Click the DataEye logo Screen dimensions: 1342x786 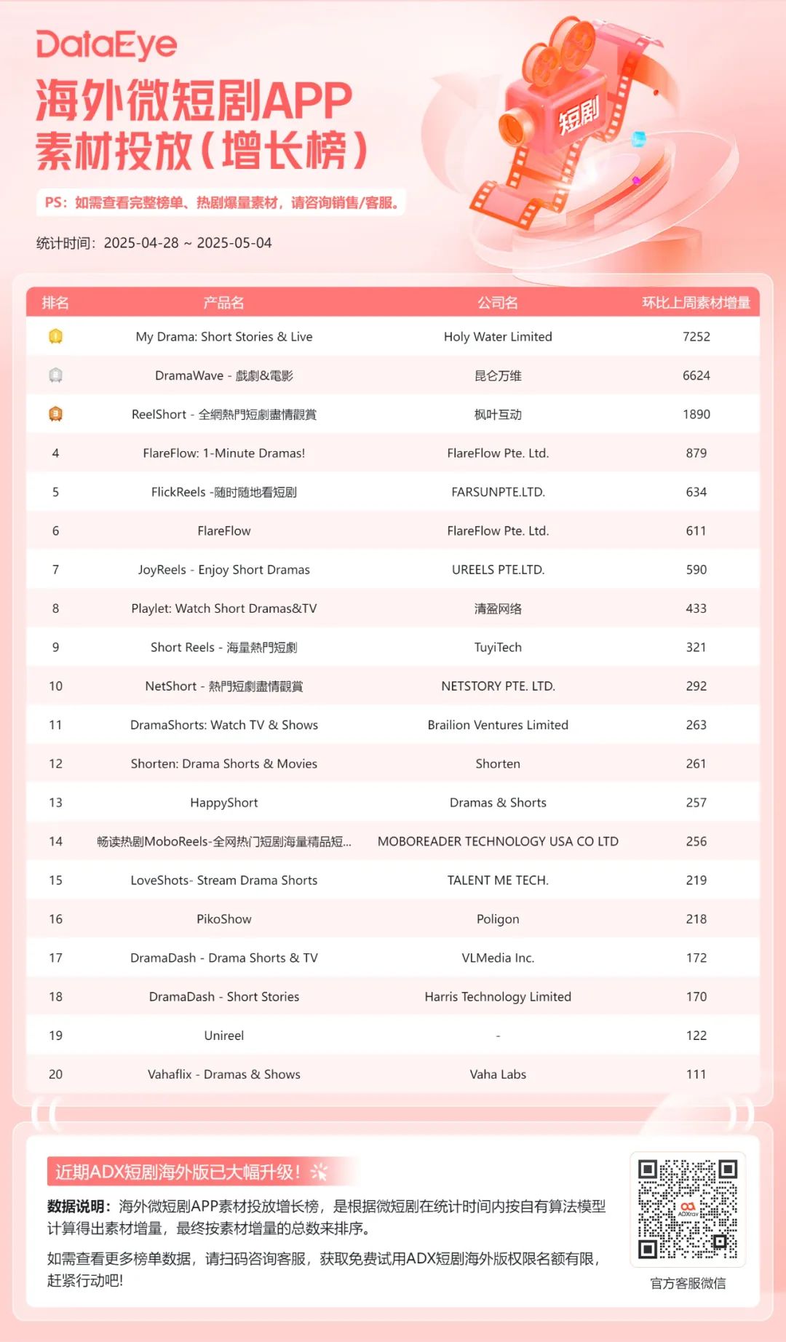pos(107,45)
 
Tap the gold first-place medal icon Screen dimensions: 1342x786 pos(55,336)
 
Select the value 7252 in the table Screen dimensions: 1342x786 pos(696,336)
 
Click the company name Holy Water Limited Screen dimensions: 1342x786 pos(498,336)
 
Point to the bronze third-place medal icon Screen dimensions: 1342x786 pos(55,414)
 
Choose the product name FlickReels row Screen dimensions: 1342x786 pos(223,492)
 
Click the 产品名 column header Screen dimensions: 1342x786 pos(223,303)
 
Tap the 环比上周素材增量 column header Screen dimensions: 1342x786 pos(695,303)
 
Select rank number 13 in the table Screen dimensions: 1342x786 pos(55,802)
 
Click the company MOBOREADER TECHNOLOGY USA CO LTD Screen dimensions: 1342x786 pos(498,841)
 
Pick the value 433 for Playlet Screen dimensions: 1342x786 pos(696,608)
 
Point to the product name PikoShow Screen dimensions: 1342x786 pos(223,919)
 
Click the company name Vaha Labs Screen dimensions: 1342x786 pos(498,1074)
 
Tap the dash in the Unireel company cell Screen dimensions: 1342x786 pos(498,1036)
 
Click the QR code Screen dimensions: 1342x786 pos(688,1209)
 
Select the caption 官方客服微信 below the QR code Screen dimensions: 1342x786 pos(688,1283)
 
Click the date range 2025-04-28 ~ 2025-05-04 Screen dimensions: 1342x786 pos(188,243)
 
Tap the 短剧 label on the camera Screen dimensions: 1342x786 pos(579,116)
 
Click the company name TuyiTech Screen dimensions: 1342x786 pos(498,647)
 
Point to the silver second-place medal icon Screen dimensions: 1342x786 pos(55,376)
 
